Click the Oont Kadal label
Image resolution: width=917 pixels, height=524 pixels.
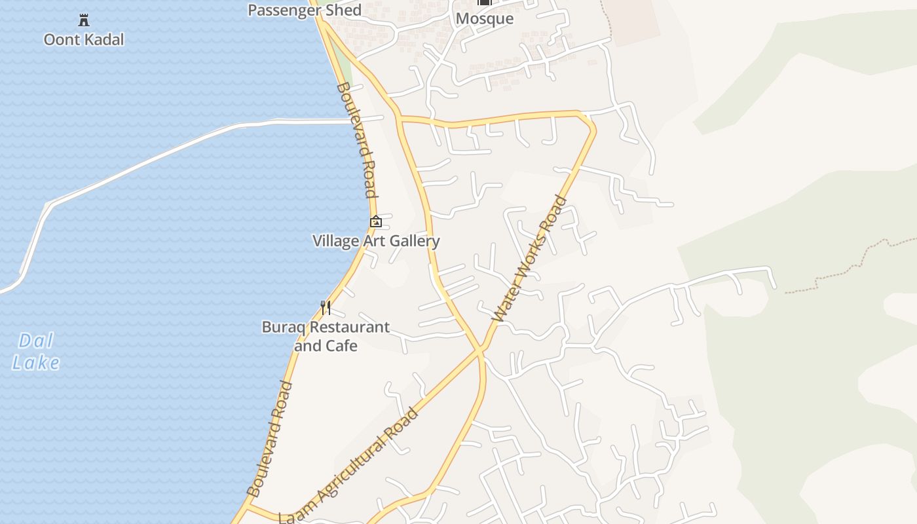(83, 39)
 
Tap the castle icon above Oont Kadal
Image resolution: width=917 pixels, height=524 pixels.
(84, 20)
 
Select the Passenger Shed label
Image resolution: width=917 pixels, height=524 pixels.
(305, 10)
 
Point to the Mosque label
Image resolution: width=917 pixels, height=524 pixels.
(484, 18)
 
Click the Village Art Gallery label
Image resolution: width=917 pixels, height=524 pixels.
(375, 241)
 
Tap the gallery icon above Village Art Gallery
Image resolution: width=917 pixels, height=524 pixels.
(376, 221)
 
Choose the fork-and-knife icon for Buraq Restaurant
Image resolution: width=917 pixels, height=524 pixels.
(325, 307)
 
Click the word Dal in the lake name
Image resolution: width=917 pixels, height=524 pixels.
(36, 341)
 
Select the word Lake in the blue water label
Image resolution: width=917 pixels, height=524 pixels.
(36, 363)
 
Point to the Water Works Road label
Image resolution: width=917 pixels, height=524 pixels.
(529, 259)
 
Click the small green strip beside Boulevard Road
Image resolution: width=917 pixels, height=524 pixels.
(345, 72)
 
